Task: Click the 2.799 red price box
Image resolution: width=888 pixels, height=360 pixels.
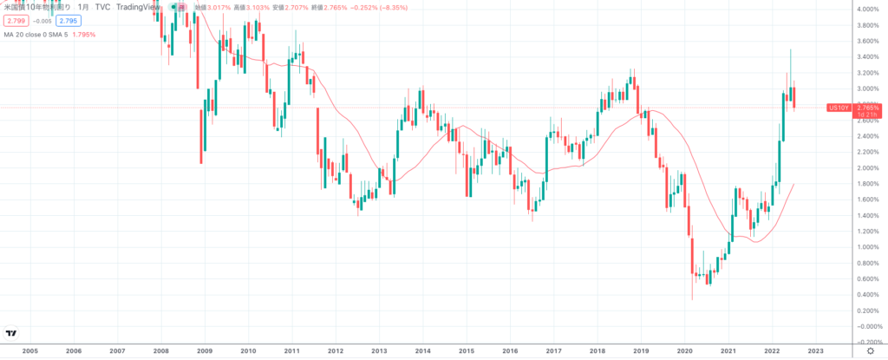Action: coord(16,20)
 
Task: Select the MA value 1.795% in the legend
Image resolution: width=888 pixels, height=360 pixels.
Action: coord(83,35)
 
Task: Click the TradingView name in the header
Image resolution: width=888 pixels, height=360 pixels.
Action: coord(134,7)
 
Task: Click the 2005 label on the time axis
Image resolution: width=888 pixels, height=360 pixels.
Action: coord(29,351)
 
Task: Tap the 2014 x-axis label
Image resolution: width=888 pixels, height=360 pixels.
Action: coord(423,351)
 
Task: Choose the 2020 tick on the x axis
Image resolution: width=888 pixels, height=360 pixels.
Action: coord(685,351)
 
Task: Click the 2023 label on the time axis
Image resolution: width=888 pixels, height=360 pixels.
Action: coord(815,351)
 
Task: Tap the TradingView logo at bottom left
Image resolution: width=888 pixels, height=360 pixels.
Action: coord(11,333)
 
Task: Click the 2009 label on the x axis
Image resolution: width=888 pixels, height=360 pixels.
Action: coord(205,351)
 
